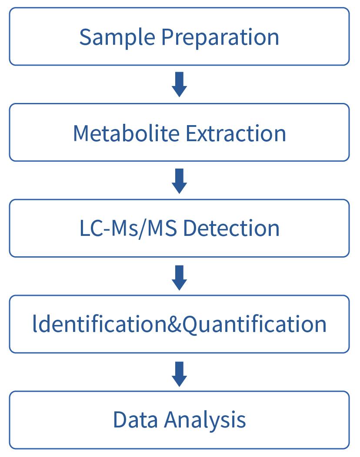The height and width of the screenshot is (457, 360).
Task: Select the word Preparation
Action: [x=220, y=37]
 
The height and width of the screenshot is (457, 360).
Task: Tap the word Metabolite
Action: [x=126, y=133]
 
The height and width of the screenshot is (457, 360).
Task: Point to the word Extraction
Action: [x=236, y=133]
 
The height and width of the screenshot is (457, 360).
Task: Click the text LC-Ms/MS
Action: [x=128, y=228]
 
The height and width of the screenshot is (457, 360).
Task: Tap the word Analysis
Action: [x=205, y=420]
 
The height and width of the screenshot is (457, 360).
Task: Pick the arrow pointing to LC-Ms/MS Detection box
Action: [x=179, y=181]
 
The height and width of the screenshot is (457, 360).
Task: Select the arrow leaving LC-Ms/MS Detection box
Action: [x=179, y=277]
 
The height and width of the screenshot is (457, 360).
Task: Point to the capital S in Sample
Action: [x=85, y=37]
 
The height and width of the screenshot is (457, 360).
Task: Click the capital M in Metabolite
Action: [x=82, y=133]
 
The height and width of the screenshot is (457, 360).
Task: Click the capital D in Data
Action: [x=120, y=420]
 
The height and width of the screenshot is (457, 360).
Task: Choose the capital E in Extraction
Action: [x=191, y=133]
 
